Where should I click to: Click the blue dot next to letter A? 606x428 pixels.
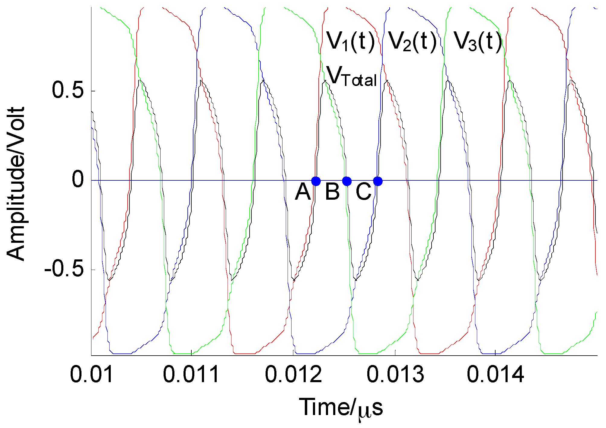[x=316, y=181]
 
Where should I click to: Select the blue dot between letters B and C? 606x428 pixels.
[x=347, y=181]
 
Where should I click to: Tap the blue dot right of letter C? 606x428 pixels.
[x=378, y=181]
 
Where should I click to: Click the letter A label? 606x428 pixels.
[x=303, y=192]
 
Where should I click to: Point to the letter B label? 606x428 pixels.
[x=332, y=192]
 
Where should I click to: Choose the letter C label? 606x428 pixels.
[x=363, y=192]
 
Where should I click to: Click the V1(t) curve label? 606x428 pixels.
[x=351, y=41]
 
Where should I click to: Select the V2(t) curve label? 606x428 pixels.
[x=412, y=41]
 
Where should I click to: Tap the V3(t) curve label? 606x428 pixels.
[x=478, y=41]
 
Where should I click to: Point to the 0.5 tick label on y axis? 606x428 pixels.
[x=68, y=90]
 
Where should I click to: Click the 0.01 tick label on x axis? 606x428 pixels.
[x=92, y=374]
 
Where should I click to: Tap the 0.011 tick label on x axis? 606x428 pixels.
[x=191, y=374]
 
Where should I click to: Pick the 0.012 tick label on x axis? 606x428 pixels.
[x=293, y=374]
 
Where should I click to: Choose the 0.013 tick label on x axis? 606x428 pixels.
[x=395, y=374]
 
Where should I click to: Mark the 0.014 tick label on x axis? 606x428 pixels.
[x=495, y=374]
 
